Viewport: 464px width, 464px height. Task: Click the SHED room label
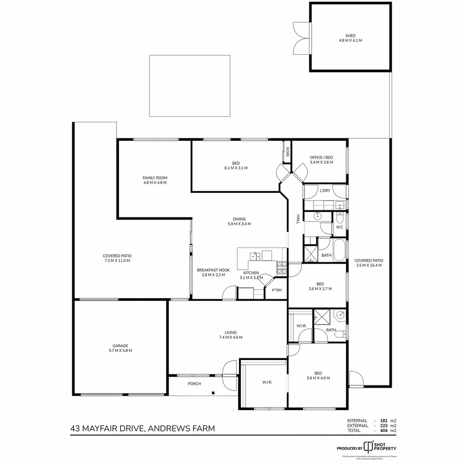350,36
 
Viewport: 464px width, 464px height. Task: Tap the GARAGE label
120,345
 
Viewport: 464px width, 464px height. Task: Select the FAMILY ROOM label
155,177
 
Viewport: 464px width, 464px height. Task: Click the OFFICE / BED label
321,157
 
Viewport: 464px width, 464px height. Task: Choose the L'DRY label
325,191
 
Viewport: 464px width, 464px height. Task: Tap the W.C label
339,227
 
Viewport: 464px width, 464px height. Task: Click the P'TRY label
277,290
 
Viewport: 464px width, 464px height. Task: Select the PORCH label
194,384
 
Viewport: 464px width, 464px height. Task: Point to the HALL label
297,219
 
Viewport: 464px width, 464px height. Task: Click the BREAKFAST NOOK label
213,270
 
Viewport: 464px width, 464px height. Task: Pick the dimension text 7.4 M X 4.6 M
231,337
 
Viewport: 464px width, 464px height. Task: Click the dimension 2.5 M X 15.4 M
369,265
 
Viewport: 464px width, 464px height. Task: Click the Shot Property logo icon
368,446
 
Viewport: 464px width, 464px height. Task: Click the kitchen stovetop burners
281,268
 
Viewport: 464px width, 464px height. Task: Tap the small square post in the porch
213,392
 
